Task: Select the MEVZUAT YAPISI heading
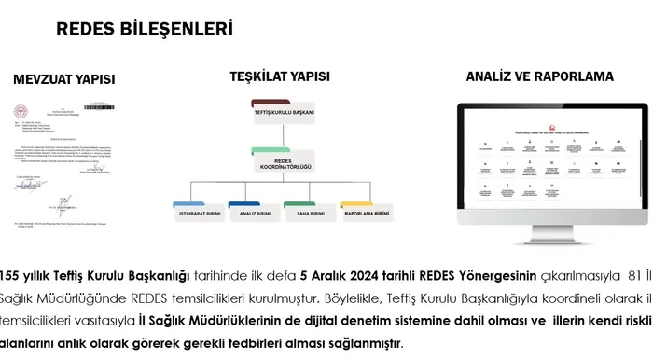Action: (x=64, y=79)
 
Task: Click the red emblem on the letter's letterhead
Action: (x=21, y=104)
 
